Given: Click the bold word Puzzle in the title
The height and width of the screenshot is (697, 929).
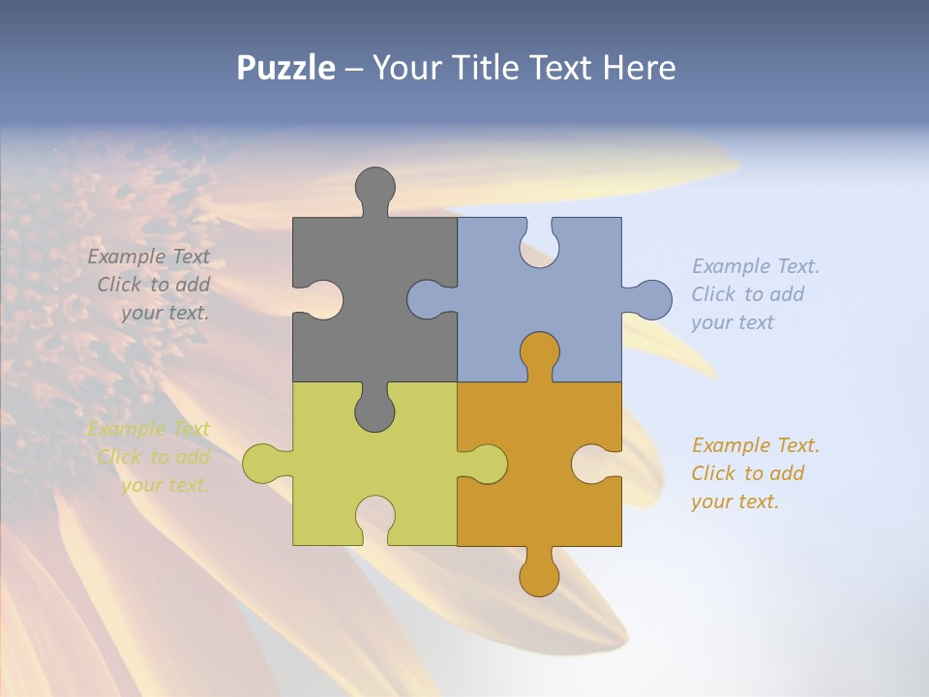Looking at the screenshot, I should coord(286,68).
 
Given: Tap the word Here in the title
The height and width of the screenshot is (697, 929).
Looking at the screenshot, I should coord(640,68).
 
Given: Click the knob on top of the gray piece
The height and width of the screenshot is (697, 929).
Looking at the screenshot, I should coord(375,187).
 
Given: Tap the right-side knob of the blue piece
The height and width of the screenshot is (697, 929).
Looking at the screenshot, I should coord(649,299).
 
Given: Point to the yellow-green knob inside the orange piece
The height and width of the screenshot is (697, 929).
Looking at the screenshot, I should coord(486,464).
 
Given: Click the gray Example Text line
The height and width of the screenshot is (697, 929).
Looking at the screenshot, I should coord(148,257).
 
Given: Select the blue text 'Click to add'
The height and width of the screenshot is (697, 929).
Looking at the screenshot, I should coord(747,294).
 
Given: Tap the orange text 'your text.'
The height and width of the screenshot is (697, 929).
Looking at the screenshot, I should coord(734,501).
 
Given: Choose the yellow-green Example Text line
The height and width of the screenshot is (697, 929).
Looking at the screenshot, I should coord(148,429).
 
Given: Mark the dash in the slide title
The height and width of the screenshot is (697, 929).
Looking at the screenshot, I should coord(354,68).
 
